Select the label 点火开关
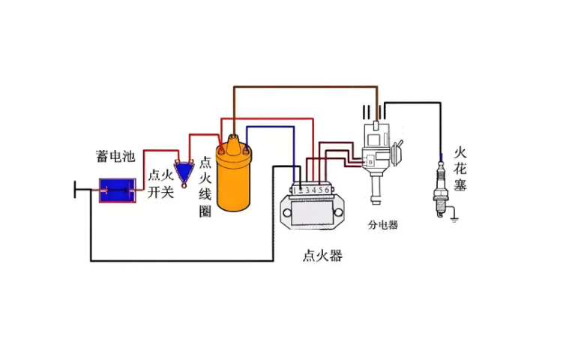click(x=160, y=184)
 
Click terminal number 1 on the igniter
click(x=295, y=191)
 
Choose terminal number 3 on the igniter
click(x=307, y=191)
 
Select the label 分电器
click(x=382, y=224)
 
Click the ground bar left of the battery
click(x=75, y=191)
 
